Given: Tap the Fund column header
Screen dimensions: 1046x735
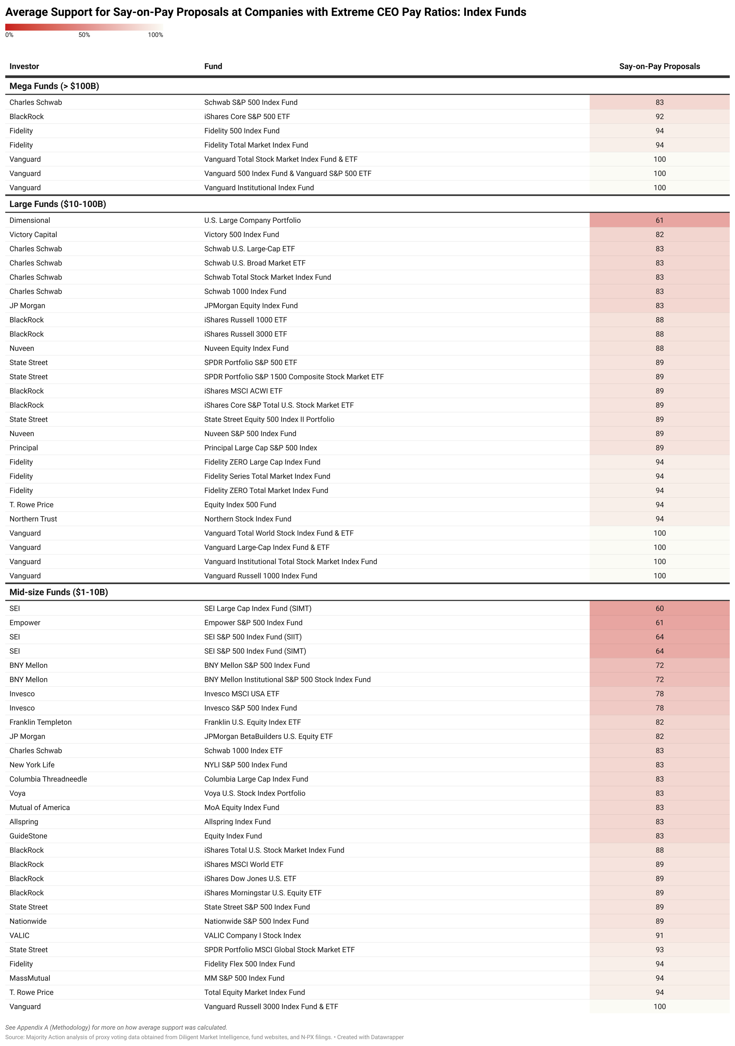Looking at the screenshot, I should tap(213, 66).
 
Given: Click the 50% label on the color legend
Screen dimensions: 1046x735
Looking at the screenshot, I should tap(84, 35).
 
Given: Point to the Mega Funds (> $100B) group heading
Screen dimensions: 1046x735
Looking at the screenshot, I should tap(54, 86).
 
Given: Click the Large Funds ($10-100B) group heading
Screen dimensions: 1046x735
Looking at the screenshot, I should tap(58, 204).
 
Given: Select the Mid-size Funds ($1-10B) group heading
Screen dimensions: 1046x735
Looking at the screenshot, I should tap(59, 592).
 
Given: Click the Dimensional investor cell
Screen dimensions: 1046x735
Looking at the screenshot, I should tap(30, 221).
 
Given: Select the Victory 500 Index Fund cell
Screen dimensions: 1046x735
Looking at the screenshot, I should tap(241, 235).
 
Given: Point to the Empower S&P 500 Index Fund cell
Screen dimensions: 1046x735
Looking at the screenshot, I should tap(253, 623).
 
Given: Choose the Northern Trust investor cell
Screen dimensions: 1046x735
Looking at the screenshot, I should tap(33, 519).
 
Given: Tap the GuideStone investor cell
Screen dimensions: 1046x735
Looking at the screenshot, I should tap(28, 836).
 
